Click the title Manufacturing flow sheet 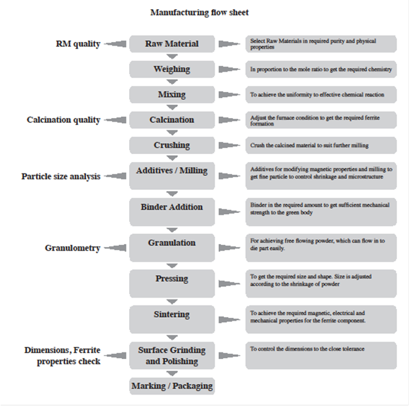(200, 13)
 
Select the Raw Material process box (172, 44)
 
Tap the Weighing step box (172, 69)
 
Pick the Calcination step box (172, 120)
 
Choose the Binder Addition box (172, 212)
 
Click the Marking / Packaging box (172, 386)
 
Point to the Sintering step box (172, 320)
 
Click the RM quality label (78, 44)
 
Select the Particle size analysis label (61, 177)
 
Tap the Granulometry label (72, 248)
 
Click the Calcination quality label (63, 120)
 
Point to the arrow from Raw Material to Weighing (172, 57)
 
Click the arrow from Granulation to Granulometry (115, 248)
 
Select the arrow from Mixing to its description (229, 94)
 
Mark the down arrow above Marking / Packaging (172, 373)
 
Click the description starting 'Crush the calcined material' (309, 145)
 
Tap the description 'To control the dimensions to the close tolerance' (307, 349)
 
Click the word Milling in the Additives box (194, 170)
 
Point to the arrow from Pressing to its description (229, 284)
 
